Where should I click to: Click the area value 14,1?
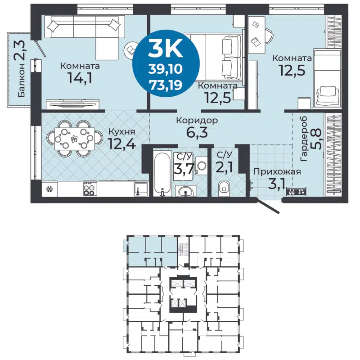point(81,80)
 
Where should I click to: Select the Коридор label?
point(197,121)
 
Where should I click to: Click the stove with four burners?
point(89,189)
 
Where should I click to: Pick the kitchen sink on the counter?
point(142,189)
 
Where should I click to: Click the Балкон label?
point(21,81)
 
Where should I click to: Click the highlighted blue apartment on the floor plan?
point(151,250)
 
